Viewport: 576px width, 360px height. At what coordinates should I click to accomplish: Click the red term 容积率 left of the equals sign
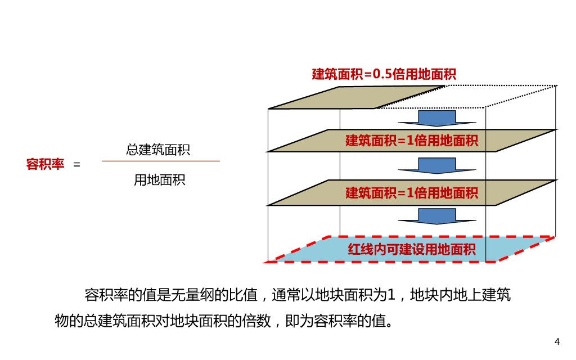click(45, 164)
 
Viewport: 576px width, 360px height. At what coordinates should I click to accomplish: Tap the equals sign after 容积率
click(77, 165)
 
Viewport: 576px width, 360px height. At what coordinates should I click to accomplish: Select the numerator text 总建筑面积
click(158, 150)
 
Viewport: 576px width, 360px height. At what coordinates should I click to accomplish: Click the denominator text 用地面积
click(159, 180)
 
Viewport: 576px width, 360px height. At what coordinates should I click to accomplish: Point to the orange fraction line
click(161, 161)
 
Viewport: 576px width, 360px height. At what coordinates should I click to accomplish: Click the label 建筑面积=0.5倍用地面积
click(384, 74)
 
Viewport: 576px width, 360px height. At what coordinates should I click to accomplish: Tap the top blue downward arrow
click(435, 118)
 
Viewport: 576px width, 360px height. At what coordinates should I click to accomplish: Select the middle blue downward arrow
click(435, 165)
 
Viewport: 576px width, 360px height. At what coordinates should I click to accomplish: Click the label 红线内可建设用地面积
click(412, 249)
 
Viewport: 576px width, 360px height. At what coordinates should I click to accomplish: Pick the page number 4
click(557, 342)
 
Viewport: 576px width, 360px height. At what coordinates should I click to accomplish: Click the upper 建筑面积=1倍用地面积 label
click(412, 141)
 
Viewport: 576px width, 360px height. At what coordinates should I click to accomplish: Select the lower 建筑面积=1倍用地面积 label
click(412, 193)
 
